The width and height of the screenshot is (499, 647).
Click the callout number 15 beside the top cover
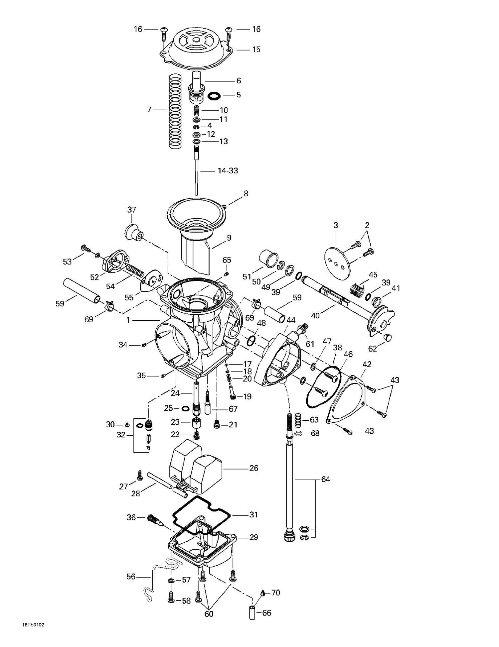(x=256, y=50)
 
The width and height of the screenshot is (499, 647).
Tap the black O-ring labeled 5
(x=214, y=96)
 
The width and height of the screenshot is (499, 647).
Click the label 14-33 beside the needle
(x=228, y=171)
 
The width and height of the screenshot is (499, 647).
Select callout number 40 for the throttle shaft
(x=315, y=315)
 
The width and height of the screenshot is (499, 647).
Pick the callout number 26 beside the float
(x=253, y=468)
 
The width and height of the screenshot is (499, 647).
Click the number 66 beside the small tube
(x=267, y=613)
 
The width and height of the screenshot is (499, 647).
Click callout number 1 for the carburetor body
(x=128, y=320)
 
